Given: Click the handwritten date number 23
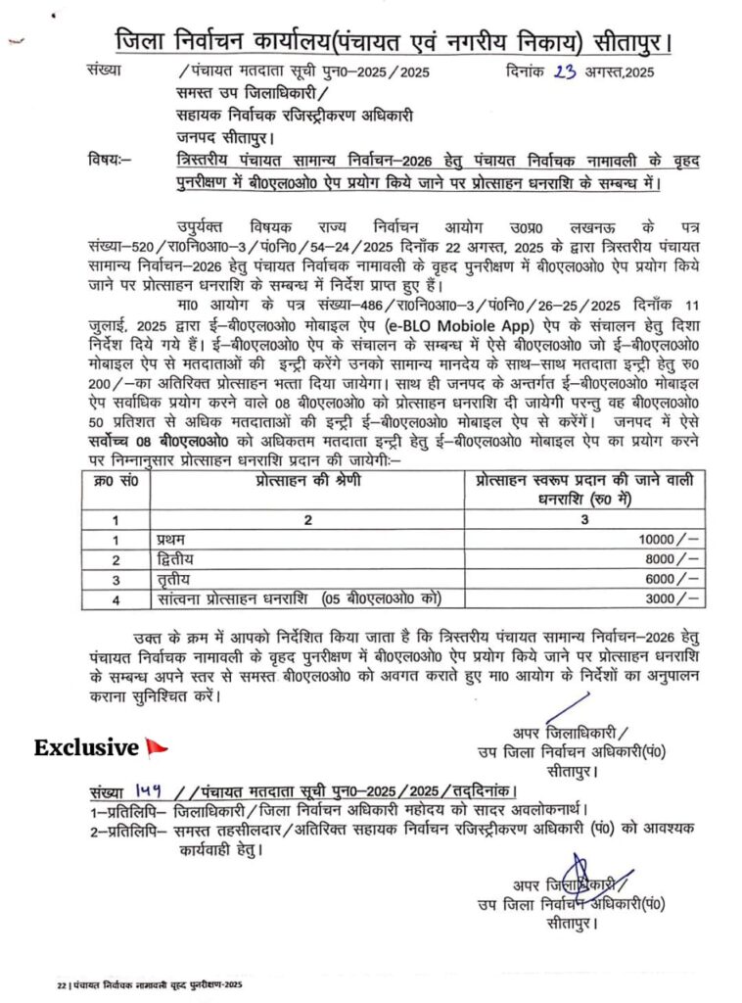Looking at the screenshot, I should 566,71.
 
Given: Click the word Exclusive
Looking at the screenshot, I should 86,748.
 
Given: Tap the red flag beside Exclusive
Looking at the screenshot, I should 155,747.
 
